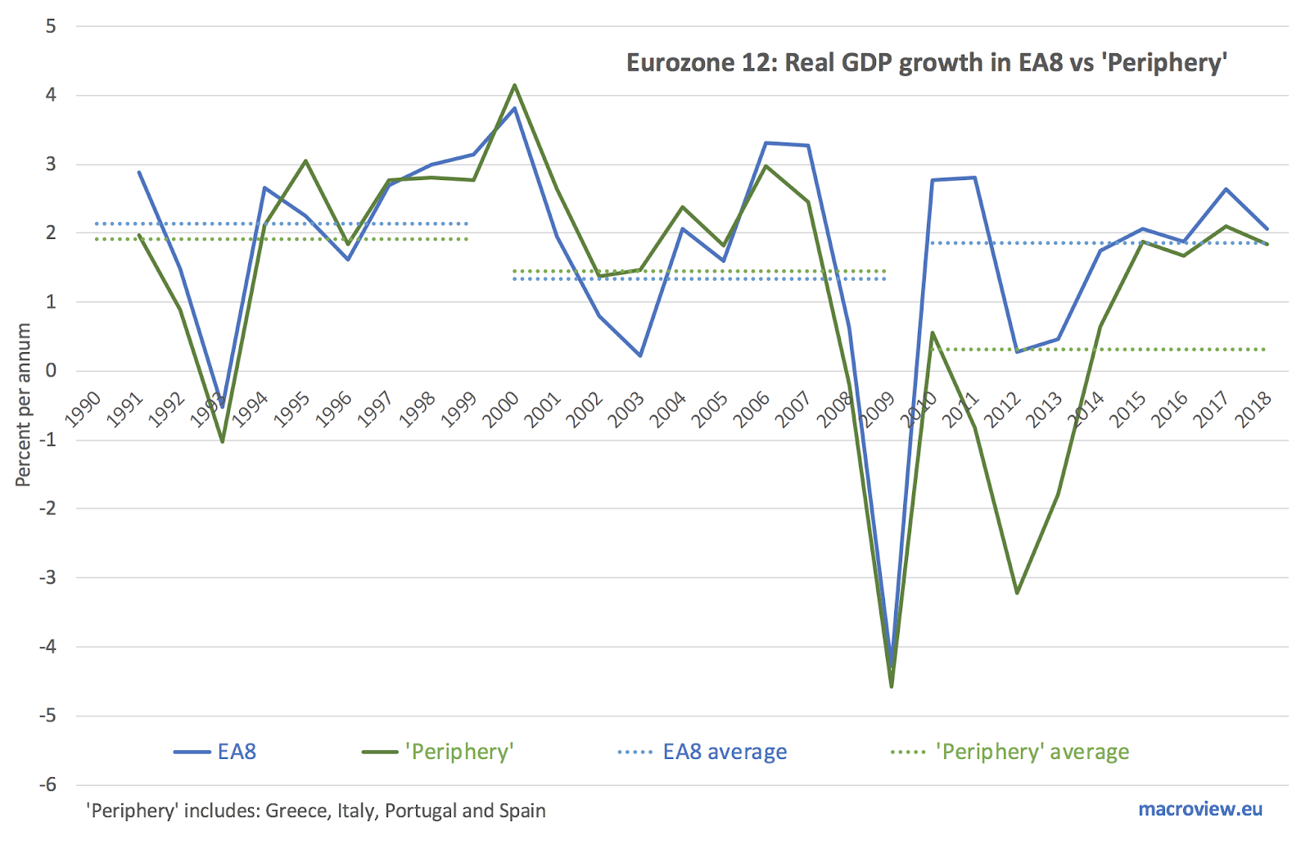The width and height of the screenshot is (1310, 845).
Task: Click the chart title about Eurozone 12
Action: pos(926,63)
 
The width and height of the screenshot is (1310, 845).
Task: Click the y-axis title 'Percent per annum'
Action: pos(23,404)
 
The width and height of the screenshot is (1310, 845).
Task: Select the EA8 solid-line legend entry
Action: pos(216,752)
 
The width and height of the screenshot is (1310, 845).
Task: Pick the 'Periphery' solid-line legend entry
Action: pos(439,752)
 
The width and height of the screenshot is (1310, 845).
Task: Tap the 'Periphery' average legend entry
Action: pos(1010,752)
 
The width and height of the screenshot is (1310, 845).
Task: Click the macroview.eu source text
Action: pos(1200,809)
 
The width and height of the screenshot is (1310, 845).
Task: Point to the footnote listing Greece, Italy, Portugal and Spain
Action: pos(316,811)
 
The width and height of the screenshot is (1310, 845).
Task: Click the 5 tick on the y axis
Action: pos(52,26)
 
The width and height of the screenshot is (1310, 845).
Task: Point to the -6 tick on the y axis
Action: pos(49,784)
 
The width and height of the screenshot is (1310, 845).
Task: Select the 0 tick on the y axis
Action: pos(52,371)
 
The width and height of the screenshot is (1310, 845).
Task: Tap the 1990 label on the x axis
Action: pos(83,409)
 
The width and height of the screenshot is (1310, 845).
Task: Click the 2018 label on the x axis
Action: pos(1253,409)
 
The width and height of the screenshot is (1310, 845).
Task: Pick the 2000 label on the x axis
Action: pos(500,409)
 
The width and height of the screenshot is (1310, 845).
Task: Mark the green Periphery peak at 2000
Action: pos(514,85)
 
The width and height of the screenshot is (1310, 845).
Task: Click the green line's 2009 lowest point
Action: pos(892,686)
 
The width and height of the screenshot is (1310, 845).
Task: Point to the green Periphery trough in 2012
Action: pos(1017,593)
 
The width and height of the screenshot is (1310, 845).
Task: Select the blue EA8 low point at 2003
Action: pos(639,355)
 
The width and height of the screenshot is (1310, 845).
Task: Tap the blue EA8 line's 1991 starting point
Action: pos(139,172)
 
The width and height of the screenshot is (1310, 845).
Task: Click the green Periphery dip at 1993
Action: pos(222,441)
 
